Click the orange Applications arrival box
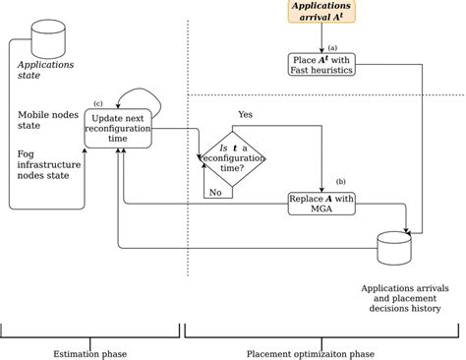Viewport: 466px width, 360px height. click(322, 12)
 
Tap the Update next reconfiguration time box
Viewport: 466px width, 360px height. click(118, 128)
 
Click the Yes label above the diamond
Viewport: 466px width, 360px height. click(246, 114)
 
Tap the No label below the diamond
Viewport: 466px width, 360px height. click(214, 193)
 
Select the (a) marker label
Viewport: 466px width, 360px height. click(333, 47)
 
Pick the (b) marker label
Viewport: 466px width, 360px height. click(341, 181)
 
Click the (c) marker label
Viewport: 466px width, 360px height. click(98, 103)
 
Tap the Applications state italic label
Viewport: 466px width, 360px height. click(46, 72)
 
